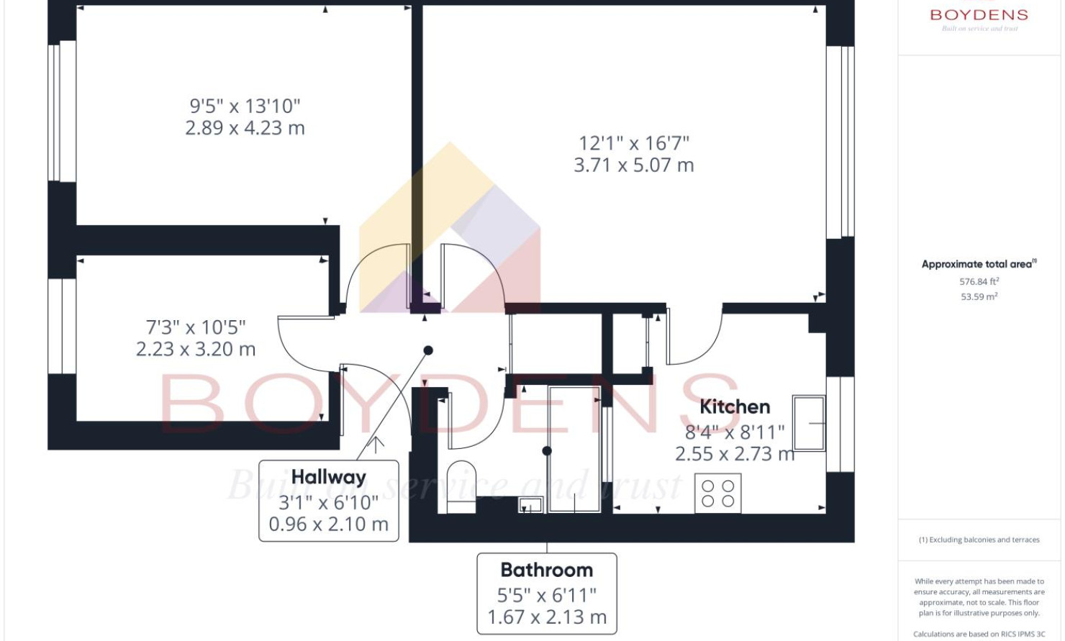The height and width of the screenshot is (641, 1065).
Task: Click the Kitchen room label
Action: [735, 406]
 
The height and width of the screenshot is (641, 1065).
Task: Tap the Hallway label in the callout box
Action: [329, 477]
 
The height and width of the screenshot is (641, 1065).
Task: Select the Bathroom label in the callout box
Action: [547, 570]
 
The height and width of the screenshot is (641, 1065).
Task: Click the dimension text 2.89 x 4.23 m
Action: [245, 128]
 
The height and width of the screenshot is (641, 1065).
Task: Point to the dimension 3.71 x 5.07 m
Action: [634, 165]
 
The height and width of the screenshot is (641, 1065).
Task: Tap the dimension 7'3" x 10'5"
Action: [196, 327]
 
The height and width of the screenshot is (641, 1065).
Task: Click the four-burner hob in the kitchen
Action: [717, 494]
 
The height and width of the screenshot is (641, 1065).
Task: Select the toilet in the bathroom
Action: [461, 486]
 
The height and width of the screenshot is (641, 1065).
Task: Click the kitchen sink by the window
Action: [809, 423]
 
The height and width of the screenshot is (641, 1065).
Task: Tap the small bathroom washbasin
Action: [530, 504]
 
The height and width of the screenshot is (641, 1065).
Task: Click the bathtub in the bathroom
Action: [574, 450]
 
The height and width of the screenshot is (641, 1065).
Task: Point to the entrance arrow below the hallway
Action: [376, 445]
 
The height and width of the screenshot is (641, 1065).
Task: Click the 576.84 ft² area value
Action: [979, 281]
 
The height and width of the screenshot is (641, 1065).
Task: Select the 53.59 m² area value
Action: [979, 296]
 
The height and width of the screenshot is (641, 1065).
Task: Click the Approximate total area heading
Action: [979, 264]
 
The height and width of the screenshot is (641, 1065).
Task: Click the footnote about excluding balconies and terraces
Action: [979, 540]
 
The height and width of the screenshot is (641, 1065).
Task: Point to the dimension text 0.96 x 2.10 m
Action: [329, 524]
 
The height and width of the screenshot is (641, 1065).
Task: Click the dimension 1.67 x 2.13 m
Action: [547, 617]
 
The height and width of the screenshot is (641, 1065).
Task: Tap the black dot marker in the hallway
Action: [428, 350]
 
